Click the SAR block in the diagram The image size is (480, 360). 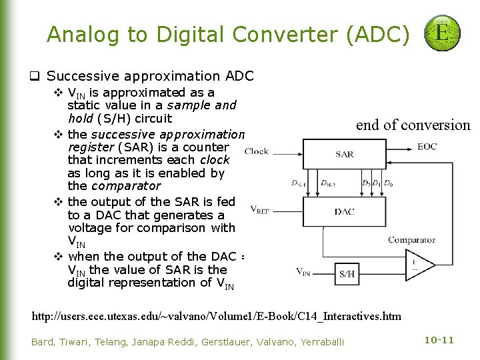(x=344, y=155)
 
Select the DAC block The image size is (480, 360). (x=344, y=211)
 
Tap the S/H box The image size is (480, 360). (x=347, y=273)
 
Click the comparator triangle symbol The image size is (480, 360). (x=418, y=265)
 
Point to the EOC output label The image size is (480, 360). (x=427, y=146)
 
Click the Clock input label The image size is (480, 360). (x=257, y=151)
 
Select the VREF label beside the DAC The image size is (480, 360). (x=261, y=209)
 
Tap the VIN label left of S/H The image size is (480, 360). (x=303, y=271)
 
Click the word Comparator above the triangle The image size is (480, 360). (x=411, y=240)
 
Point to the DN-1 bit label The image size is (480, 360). (x=298, y=183)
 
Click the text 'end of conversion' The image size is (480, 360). (x=413, y=125)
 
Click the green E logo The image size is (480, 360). (x=441, y=33)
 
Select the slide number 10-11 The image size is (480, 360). (x=439, y=340)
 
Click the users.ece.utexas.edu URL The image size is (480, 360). (x=217, y=315)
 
